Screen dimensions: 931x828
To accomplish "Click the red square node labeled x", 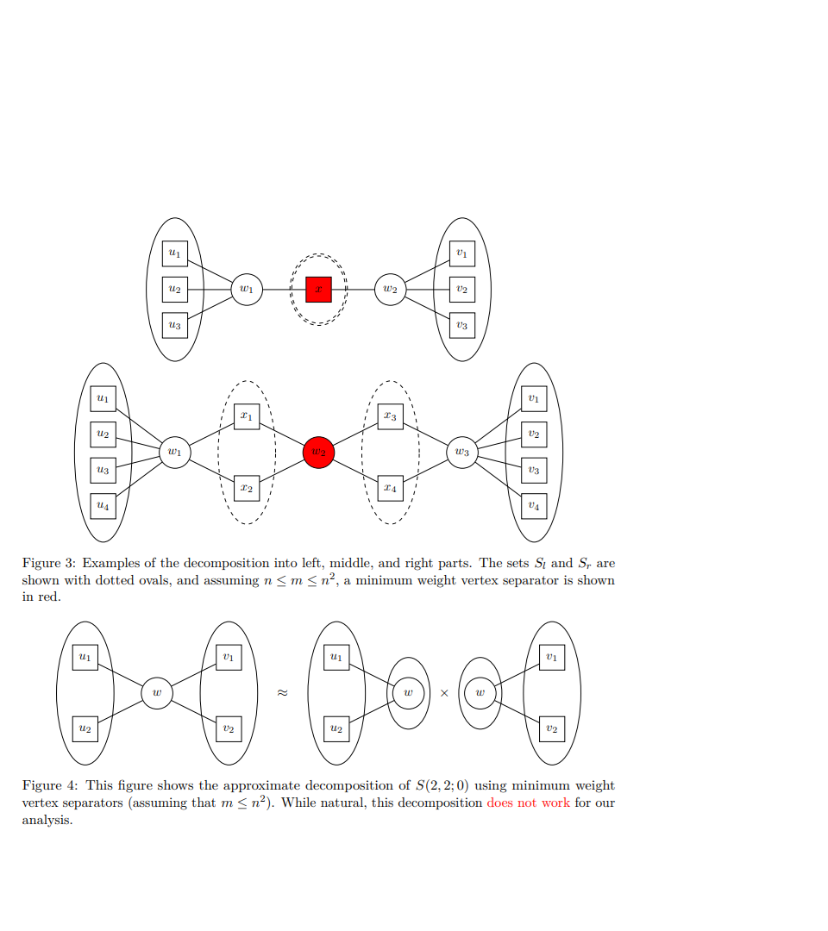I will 318,290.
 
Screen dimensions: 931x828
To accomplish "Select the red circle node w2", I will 318,452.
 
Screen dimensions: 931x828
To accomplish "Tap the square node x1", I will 247,416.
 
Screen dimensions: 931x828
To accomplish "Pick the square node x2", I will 247,488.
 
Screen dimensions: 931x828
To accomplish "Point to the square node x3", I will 390,416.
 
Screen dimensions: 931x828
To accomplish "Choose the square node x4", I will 390,488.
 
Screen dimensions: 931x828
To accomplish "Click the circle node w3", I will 462,452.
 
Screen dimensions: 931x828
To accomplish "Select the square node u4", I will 103,505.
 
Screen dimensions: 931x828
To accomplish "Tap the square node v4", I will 534,505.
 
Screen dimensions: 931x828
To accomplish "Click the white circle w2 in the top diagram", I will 390,290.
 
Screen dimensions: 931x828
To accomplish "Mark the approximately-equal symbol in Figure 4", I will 281,692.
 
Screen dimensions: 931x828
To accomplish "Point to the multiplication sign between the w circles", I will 444,692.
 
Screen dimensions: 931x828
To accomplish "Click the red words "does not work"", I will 528,803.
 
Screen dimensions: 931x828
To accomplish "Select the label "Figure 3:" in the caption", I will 49,563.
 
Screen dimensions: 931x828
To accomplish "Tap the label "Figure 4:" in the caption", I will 49,785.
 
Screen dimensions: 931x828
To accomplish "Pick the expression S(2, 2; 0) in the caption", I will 442,785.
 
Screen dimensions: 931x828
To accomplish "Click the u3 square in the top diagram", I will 175,325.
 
